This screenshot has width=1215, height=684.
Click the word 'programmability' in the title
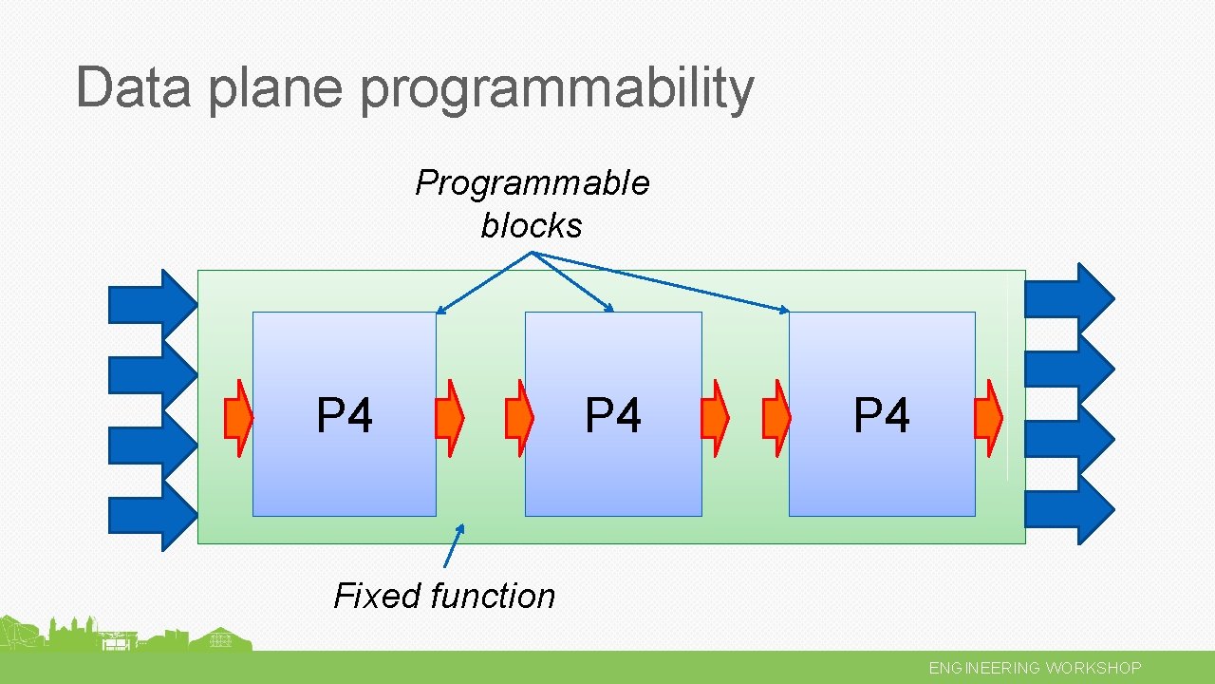pyautogui.click(x=557, y=88)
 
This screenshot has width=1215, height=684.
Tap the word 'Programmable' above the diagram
pyautogui.click(x=533, y=182)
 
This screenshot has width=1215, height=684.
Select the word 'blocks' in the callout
pyautogui.click(x=532, y=225)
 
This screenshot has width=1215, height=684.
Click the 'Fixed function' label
pyautogui.click(x=444, y=596)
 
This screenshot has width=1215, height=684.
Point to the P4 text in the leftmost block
pyautogui.click(x=345, y=416)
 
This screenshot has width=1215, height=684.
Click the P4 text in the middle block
pyautogui.click(x=613, y=416)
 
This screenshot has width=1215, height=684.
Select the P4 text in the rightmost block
pyautogui.click(x=882, y=416)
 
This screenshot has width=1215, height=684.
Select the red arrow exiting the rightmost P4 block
pyautogui.click(x=988, y=419)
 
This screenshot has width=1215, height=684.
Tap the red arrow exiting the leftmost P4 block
pyautogui.click(x=449, y=419)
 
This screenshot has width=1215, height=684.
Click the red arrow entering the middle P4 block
pyautogui.click(x=519, y=419)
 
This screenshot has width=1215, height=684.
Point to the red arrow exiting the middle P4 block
pyautogui.click(x=715, y=419)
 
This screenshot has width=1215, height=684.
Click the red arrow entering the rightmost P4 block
pyautogui.click(x=777, y=419)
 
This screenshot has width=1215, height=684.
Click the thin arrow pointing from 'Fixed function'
pyautogui.click(x=454, y=545)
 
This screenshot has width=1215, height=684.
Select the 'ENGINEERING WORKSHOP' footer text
pyautogui.click(x=1035, y=668)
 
